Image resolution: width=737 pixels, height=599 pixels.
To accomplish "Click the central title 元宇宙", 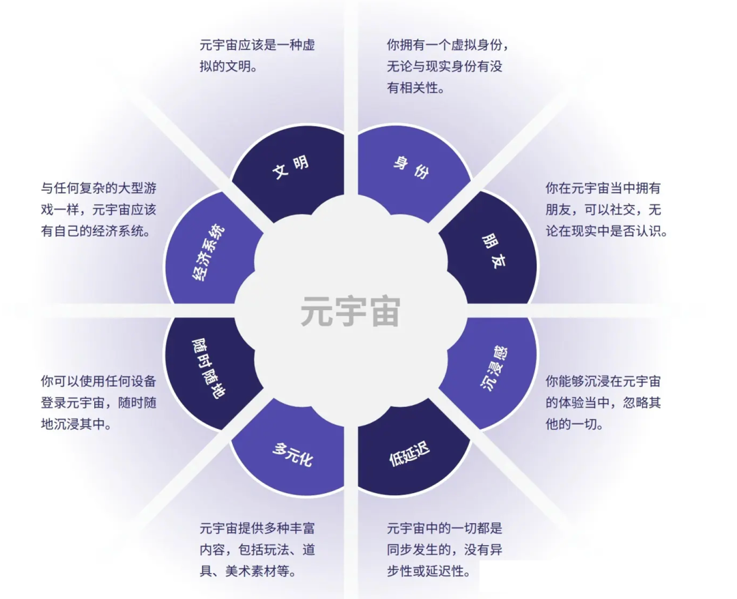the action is pos(350,311).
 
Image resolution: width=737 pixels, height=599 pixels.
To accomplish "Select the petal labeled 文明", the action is pos(291,167).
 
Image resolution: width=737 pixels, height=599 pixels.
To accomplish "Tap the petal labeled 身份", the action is pos(411,167).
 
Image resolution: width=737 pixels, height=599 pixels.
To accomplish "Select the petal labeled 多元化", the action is pos(292,454).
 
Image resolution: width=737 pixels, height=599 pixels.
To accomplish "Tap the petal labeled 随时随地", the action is pos(209,370).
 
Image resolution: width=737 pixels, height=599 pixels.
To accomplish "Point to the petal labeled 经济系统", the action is pos(209,253).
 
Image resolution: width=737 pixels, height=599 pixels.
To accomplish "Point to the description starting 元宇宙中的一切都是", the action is pos(444,550).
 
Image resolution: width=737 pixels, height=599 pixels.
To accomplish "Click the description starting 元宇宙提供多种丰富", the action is pos(257,550).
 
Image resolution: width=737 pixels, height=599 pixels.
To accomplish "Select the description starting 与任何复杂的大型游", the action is pos(98,209).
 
